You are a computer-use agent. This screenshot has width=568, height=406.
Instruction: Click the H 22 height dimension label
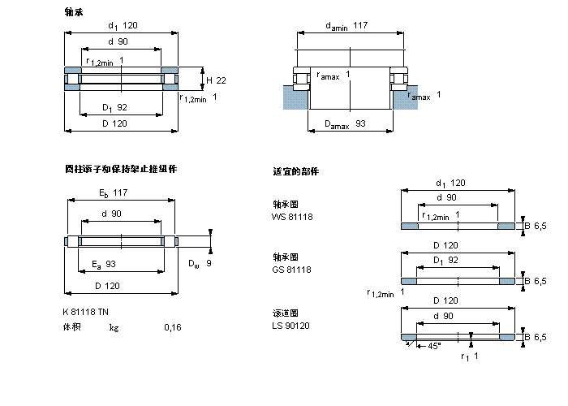point(216,80)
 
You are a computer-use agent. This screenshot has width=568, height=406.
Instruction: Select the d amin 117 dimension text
point(346,26)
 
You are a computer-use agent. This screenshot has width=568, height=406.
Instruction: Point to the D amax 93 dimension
point(345,123)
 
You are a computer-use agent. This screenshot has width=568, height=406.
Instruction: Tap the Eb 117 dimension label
point(113,192)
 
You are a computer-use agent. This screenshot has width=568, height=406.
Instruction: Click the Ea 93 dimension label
point(105,264)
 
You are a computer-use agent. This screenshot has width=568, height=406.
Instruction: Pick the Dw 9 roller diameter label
point(200,264)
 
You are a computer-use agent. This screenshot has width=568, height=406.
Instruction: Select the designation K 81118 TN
point(85,313)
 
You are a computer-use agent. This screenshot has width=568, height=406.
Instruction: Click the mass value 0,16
point(173,328)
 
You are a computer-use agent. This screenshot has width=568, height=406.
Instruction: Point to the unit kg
point(114,328)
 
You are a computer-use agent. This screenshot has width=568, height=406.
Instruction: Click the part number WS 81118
point(291,217)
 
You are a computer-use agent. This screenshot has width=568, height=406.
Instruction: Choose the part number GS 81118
point(291,269)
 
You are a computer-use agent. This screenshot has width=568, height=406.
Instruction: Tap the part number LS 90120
point(290,326)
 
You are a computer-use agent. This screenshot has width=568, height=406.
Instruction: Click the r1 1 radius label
point(469,356)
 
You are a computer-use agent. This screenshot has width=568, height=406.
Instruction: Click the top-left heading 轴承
point(74,13)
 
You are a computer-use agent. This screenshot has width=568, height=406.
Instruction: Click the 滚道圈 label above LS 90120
point(285,313)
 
